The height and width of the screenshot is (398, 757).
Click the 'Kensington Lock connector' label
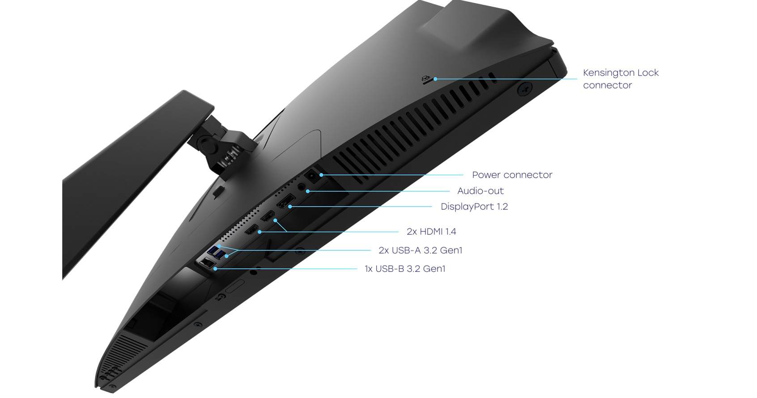tap(621, 79)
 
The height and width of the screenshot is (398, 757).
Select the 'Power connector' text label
tap(512, 175)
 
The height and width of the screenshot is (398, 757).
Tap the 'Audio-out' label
tap(481, 191)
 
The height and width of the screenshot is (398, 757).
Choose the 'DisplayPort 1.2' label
tap(474, 207)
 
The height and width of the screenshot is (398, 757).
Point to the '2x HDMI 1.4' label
tap(431, 232)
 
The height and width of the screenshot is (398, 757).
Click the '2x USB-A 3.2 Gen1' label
tap(421, 250)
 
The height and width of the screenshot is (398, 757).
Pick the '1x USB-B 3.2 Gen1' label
tap(405, 269)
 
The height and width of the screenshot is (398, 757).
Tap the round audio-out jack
tap(301, 186)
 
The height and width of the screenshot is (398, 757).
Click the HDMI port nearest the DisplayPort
tap(268, 216)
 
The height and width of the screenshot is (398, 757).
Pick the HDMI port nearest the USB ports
tap(251, 230)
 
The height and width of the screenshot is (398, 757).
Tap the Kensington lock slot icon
tap(427, 80)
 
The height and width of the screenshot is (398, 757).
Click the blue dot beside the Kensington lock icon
tap(435, 79)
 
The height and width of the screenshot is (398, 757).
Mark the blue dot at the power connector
tap(321, 175)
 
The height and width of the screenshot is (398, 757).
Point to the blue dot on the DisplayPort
tap(290, 207)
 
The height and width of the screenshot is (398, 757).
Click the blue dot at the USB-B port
tap(215, 269)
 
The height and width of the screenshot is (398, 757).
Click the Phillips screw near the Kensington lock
tap(524, 89)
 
